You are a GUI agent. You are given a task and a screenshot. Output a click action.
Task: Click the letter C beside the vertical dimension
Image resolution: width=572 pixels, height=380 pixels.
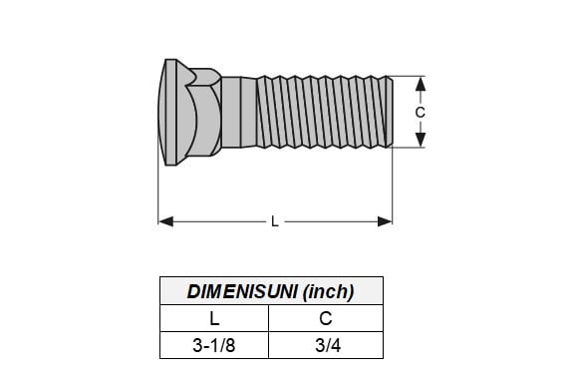(x=421, y=113)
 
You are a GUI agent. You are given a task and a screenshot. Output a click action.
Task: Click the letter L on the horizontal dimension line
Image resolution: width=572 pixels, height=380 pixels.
(x=275, y=221)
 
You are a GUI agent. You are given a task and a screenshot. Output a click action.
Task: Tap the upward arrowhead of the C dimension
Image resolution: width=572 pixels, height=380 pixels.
(x=421, y=84)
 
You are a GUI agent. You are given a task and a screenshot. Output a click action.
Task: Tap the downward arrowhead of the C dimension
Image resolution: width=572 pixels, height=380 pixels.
(x=421, y=140)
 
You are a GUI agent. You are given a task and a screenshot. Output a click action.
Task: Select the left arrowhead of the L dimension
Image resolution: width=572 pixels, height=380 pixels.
(x=166, y=221)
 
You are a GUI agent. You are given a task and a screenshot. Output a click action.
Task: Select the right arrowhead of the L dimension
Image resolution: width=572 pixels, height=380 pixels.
(x=385, y=221)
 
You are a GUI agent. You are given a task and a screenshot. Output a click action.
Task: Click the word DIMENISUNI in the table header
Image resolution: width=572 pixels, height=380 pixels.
(x=241, y=291)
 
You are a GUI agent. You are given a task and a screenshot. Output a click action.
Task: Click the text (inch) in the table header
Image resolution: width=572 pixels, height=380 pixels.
(x=328, y=291)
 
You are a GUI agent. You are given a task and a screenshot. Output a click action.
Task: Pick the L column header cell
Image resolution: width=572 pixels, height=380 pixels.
(x=214, y=318)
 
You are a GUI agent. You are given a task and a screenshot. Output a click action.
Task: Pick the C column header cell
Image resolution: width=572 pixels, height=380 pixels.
(x=326, y=318)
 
